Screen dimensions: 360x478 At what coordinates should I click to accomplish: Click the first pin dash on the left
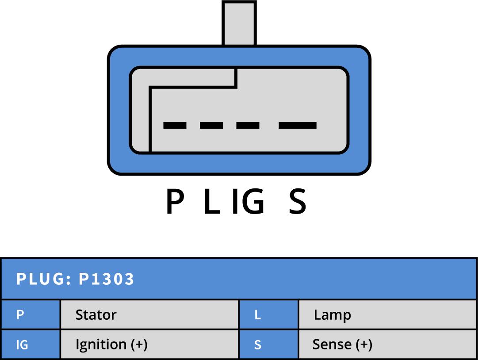click(175, 126)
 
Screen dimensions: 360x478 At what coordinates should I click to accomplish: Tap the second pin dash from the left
click(211, 126)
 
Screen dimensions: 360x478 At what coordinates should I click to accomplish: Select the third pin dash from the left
click(248, 126)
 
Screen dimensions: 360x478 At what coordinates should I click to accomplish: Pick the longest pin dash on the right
click(298, 126)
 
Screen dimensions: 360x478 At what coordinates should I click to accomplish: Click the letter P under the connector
click(175, 202)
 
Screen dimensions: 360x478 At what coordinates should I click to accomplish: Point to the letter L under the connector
click(212, 202)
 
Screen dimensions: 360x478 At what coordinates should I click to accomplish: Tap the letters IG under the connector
click(249, 202)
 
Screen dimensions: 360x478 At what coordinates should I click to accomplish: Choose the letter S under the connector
click(297, 202)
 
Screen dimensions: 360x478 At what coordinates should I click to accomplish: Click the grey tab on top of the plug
click(239, 23)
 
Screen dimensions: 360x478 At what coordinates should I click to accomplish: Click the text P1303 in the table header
click(107, 280)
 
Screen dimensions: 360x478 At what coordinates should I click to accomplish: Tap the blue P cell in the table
click(31, 315)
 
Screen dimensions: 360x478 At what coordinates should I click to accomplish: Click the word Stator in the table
click(96, 315)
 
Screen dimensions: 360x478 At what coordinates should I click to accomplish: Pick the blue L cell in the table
click(268, 315)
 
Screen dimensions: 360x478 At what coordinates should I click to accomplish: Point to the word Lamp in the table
click(332, 315)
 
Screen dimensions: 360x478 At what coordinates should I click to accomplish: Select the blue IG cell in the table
click(31, 345)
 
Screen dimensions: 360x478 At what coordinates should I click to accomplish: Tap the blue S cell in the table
click(268, 345)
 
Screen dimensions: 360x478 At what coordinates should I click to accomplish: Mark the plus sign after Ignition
click(139, 345)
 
